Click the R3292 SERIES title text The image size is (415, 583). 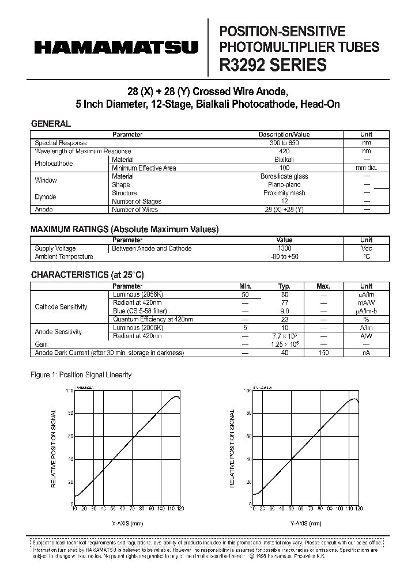[273, 65]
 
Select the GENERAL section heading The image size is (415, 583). [51, 123]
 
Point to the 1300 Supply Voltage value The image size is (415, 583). [284, 248]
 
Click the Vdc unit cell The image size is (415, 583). [366, 248]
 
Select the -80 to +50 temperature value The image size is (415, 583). [284, 256]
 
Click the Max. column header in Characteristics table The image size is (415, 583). [323, 286]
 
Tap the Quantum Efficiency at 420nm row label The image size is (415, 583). [153, 319]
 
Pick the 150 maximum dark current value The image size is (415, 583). [323, 353]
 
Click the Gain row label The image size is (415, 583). [41, 344]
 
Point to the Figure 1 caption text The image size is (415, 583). [81, 375]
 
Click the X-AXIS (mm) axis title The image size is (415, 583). [127, 523]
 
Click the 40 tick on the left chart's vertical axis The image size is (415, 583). [70, 459]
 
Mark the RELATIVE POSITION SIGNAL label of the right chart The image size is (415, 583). [233, 448]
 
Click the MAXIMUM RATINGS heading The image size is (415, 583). [124, 229]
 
